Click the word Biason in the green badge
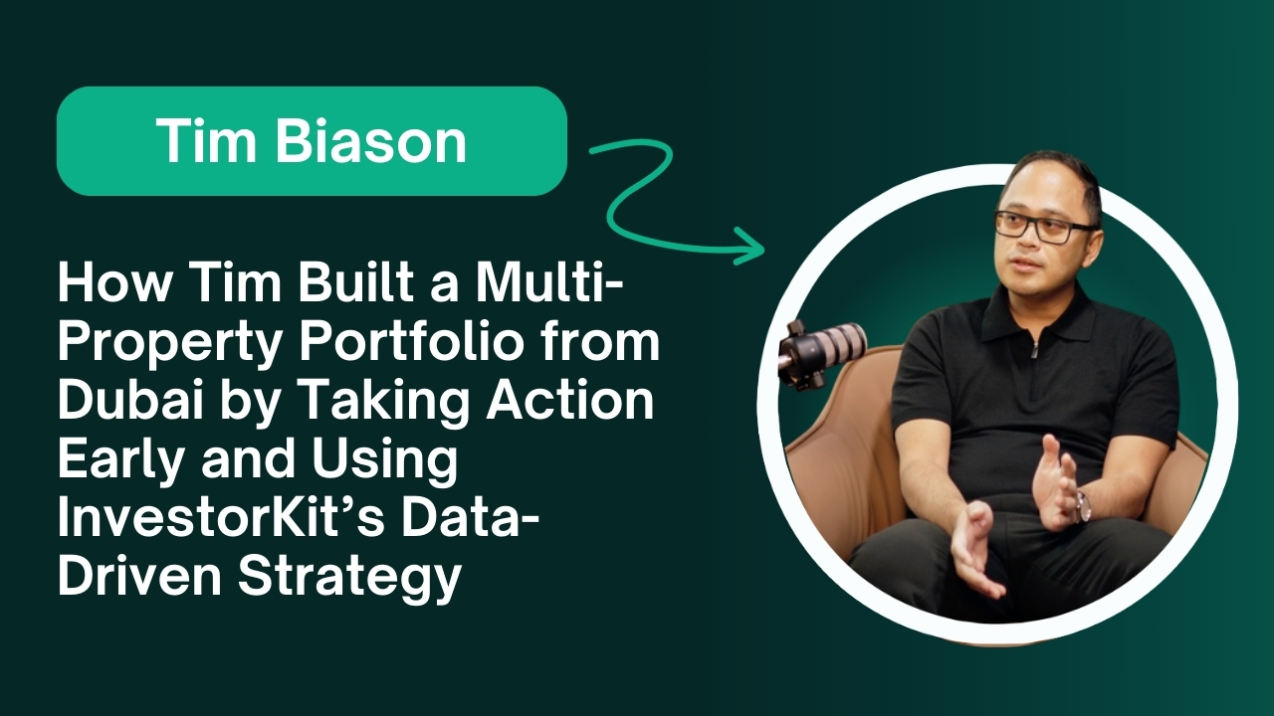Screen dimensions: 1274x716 pos(371,140)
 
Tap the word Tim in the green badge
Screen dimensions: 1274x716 pos(206,140)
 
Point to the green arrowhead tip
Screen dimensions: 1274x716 pos(763,249)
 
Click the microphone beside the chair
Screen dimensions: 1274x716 pos(821,351)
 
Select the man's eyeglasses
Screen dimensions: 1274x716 pos(1044,226)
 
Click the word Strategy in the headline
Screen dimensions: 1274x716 pos(349,579)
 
